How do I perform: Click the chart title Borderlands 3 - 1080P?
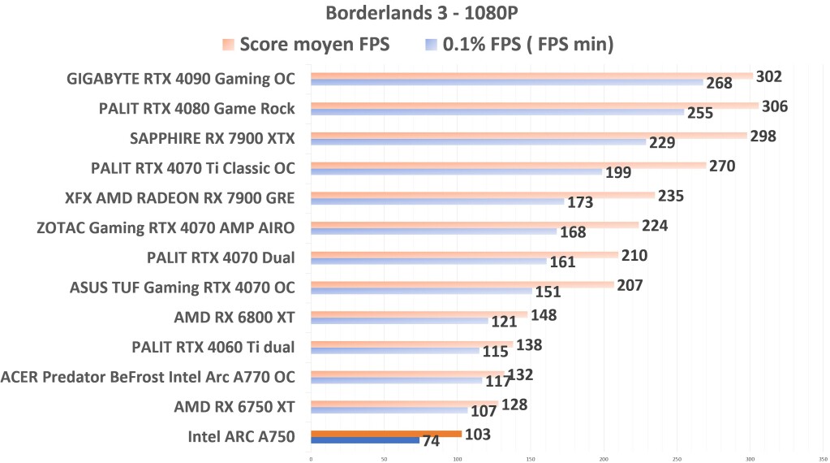(x=415, y=15)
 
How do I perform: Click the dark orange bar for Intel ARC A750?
(x=385, y=434)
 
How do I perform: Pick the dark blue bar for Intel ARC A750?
(x=364, y=440)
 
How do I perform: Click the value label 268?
(x=719, y=83)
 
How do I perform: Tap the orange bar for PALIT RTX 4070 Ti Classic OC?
(x=508, y=165)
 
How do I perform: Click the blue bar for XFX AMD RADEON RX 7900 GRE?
(x=437, y=201)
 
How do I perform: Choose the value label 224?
(x=654, y=226)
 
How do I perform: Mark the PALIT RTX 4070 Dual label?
(x=220, y=257)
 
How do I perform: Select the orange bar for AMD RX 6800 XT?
(x=419, y=314)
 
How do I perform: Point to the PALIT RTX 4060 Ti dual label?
(x=213, y=348)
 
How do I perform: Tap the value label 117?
(x=497, y=382)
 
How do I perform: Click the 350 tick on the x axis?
(x=823, y=458)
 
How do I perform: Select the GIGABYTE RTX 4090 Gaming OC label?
(x=181, y=79)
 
